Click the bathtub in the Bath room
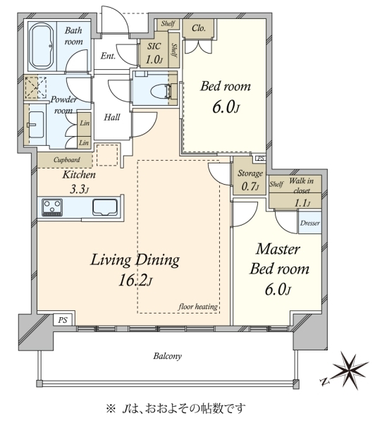click(x=42, y=46)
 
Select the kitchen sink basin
click(x=105, y=207)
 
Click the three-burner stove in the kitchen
click(x=52, y=207)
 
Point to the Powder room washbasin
click(x=36, y=125)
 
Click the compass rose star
click(x=350, y=371)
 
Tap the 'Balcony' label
click(x=168, y=356)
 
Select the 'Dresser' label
click(x=310, y=223)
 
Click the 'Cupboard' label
click(x=67, y=160)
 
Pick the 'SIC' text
click(x=154, y=46)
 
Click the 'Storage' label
click(x=250, y=173)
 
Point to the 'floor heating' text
click(x=198, y=307)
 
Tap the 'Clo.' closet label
click(x=199, y=28)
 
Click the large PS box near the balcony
click(x=63, y=320)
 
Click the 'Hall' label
click(x=112, y=117)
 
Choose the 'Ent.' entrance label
click(x=108, y=56)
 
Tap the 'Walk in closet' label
click(x=302, y=185)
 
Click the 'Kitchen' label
click(x=79, y=175)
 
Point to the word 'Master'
click(x=278, y=249)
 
